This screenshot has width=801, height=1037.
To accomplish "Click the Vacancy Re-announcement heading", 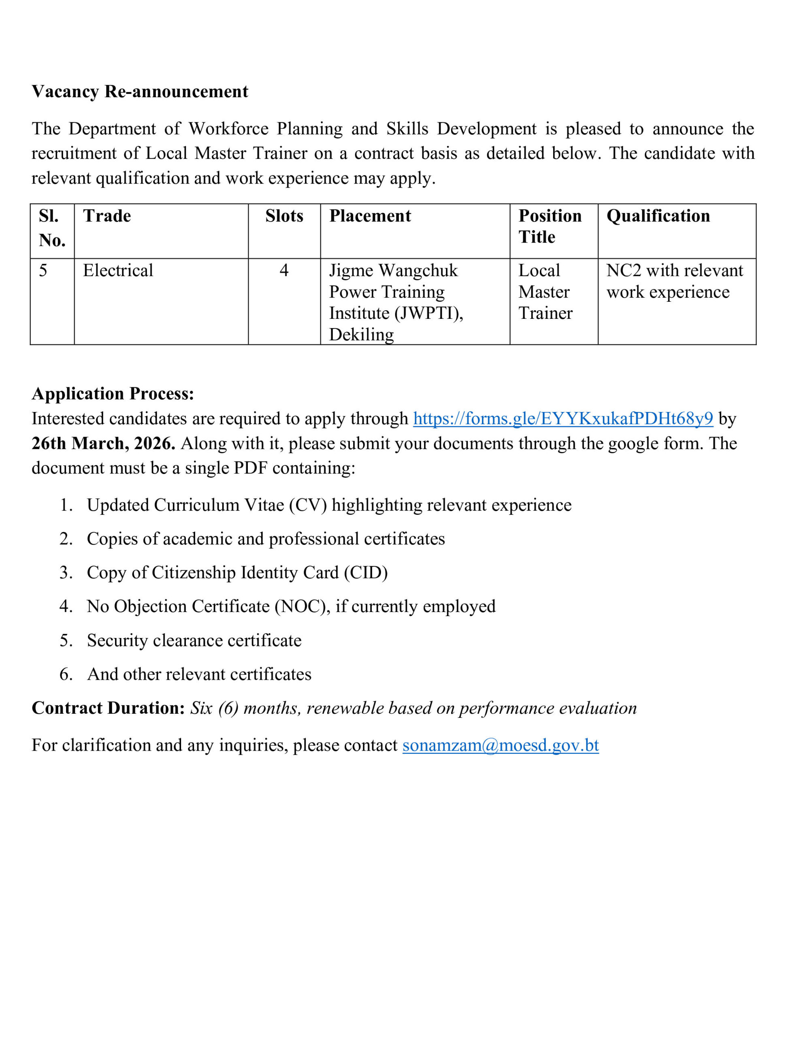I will point(140,91).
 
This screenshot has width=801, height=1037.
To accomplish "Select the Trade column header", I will point(107,216).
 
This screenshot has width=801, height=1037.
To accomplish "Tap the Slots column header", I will point(284,216).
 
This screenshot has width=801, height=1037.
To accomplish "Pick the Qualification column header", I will point(658,216).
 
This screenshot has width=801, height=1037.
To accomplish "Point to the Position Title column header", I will point(550,226).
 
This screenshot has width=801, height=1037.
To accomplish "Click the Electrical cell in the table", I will point(118,271).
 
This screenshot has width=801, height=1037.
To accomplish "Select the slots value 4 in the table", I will point(284,271).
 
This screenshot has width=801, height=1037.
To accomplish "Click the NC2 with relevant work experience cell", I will point(674,281).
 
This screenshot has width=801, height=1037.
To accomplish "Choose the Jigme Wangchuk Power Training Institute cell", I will point(396,302).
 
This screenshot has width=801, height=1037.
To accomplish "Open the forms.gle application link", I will point(562,418).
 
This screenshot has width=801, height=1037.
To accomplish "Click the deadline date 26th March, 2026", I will point(103,443).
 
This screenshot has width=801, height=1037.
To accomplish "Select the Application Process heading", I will point(113,394).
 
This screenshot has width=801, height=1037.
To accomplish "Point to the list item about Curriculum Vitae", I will point(328,505).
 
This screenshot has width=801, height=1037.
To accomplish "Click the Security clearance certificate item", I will point(194,640).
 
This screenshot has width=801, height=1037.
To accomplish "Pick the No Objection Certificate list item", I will point(291,606).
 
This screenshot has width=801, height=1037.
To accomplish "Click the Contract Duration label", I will point(108,708).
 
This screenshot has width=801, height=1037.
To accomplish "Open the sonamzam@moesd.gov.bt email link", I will point(500,745).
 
